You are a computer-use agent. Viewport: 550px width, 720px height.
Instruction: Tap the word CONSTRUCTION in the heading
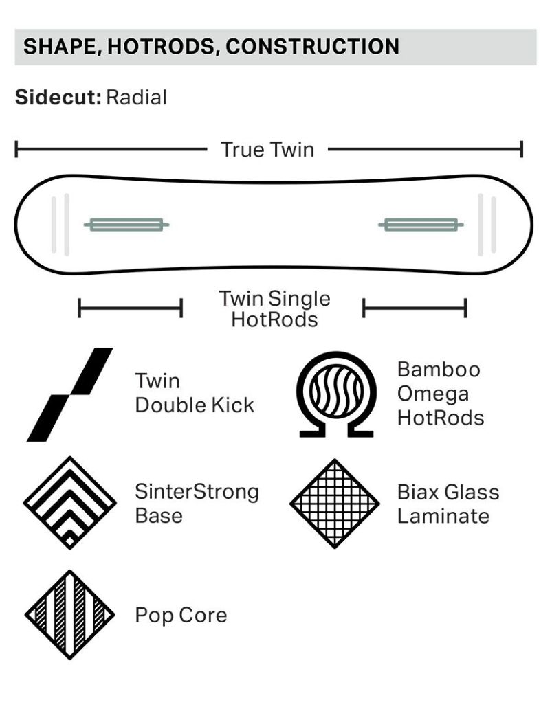pyautogui.click(x=312, y=47)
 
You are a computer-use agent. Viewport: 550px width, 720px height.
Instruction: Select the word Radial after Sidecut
pyautogui.click(x=136, y=98)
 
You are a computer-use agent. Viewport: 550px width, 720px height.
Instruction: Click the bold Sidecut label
pyautogui.click(x=58, y=98)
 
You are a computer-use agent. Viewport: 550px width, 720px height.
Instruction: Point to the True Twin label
pyautogui.click(x=267, y=150)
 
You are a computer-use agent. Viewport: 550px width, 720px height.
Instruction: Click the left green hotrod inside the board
pyautogui.click(x=126, y=225)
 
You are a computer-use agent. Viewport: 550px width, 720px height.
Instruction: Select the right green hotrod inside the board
pyautogui.click(x=421, y=225)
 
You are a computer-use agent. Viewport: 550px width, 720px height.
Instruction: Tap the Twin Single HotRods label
pyautogui.click(x=274, y=309)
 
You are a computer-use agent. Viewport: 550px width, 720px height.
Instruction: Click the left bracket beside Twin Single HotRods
pyautogui.click(x=131, y=308)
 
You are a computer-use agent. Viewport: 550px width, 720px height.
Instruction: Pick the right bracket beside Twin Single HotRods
pyautogui.click(x=415, y=308)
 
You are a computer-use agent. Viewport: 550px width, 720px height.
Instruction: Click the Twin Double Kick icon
pyautogui.click(x=70, y=394)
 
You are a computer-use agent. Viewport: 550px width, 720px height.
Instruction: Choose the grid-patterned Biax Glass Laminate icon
pyautogui.click(x=335, y=504)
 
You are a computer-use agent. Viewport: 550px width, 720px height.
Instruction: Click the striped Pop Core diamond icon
pyautogui.click(x=70, y=615)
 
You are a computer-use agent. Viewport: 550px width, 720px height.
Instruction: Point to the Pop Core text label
pyautogui.click(x=181, y=616)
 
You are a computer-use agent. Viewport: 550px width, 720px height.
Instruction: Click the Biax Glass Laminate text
pyautogui.click(x=448, y=504)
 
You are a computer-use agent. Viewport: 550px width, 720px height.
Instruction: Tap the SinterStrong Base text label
pyautogui.click(x=197, y=504)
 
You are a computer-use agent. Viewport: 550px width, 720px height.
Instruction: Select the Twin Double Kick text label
pyautogui.click(x=195, y=394)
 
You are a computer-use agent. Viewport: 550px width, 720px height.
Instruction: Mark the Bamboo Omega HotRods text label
pyautogui.click(x=441, y=394)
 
